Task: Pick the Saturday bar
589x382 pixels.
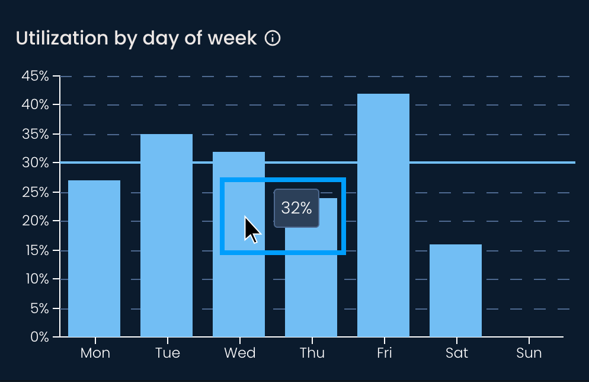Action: point(456,290)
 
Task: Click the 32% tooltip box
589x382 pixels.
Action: point(296,208)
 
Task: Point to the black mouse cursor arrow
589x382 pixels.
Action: point(252,230)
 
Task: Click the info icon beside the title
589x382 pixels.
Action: point(273,39)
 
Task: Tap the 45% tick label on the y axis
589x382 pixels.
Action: point(35,76)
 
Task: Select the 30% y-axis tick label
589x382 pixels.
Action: point(35,163)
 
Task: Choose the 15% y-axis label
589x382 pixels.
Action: point(35,250)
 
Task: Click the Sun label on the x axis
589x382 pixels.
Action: point(529,353)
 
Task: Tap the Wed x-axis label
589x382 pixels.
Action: point(239,353)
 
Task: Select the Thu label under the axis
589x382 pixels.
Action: point(312,353)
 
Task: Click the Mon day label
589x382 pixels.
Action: point(95,353)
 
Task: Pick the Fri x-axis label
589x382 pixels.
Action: point(384,353)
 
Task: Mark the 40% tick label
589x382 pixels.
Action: point(35,105)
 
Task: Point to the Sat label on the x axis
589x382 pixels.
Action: point(456,353)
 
